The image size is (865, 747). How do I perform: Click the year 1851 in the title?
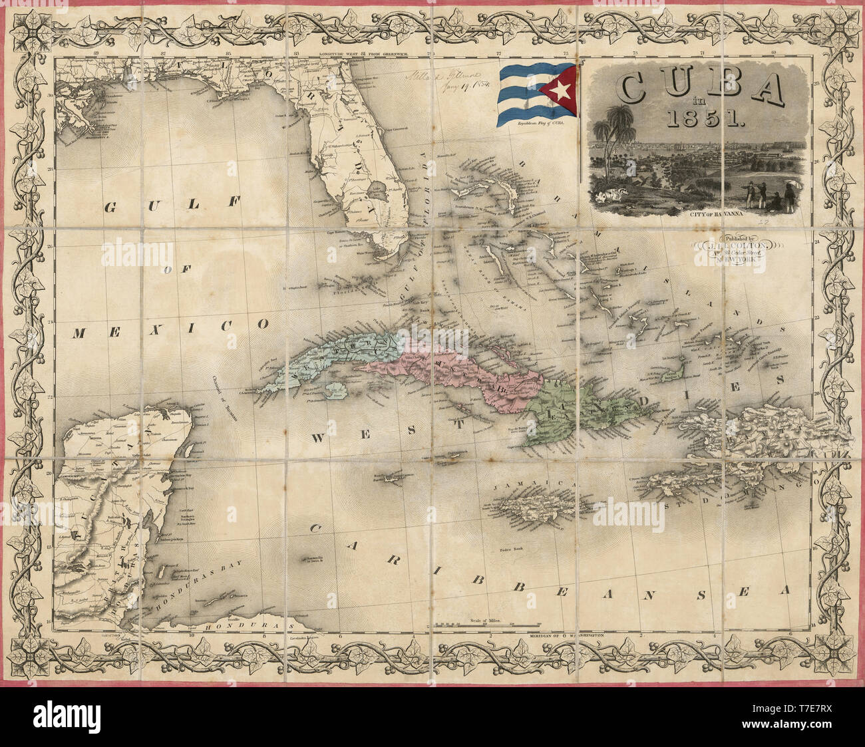[700, 118]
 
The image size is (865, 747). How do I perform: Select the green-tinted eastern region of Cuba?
[552, 412]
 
